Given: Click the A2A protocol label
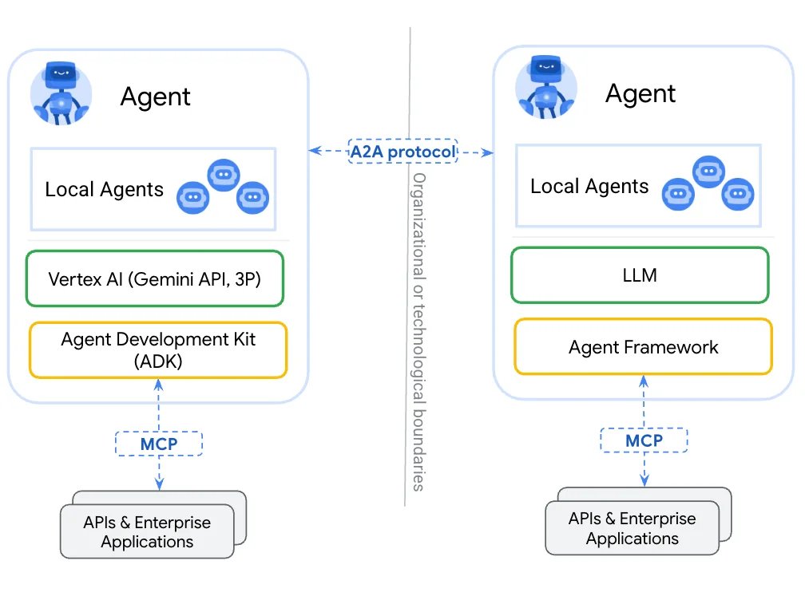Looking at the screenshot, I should (x=402, y=151).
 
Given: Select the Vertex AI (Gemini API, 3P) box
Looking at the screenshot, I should (x=154, y=279).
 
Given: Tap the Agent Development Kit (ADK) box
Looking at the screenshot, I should (x=157, y=349).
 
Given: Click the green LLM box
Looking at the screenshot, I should (x=640, y=275).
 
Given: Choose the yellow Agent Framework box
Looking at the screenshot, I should (x=643, y=347).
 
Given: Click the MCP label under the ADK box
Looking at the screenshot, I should (x=159, y=443).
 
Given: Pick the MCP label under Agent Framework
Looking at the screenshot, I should (x=644, y=440).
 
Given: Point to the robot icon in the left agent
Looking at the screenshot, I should (x=61, y=94).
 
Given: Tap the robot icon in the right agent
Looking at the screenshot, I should (x=546, y=90).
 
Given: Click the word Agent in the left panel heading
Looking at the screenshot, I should (x=155, y=97).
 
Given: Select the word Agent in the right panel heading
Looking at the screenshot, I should (x=640, y=94).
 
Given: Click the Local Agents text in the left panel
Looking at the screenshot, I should (x=104, y=190).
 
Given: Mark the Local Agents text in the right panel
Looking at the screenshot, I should (x=589, y=187).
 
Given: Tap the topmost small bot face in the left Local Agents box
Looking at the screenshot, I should (x=223, y=175).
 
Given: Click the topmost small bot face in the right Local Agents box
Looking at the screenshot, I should (x=708, y=172).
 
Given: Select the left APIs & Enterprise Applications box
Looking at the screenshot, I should (x=147, y=532).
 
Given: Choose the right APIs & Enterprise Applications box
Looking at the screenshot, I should (x=632, y=528).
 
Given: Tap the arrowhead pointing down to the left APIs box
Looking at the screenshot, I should (x=159, y=484).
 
